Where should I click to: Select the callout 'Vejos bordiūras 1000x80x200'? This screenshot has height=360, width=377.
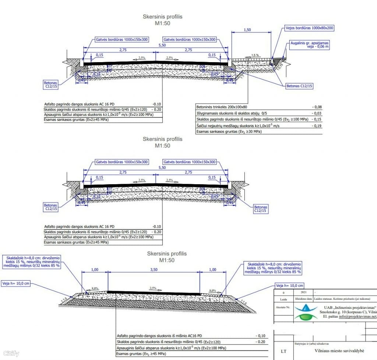(x=310, y=28)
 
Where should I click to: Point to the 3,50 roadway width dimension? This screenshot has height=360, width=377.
(x=154, y=270)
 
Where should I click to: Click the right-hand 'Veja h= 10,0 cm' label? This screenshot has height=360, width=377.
(x=290, y=286)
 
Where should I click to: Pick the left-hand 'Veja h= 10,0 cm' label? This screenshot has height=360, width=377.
(x=16, y=283)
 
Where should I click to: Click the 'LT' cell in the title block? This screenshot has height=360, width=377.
(x=283, y=351)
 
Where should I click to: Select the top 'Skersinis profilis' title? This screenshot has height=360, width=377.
(x=162, y=17)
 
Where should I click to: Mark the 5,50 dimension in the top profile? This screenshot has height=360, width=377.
(x=162, y=45)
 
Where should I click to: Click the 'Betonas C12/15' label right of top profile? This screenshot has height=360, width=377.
(x=299, y=86)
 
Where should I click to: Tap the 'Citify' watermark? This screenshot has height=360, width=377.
(x=10, y=354)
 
